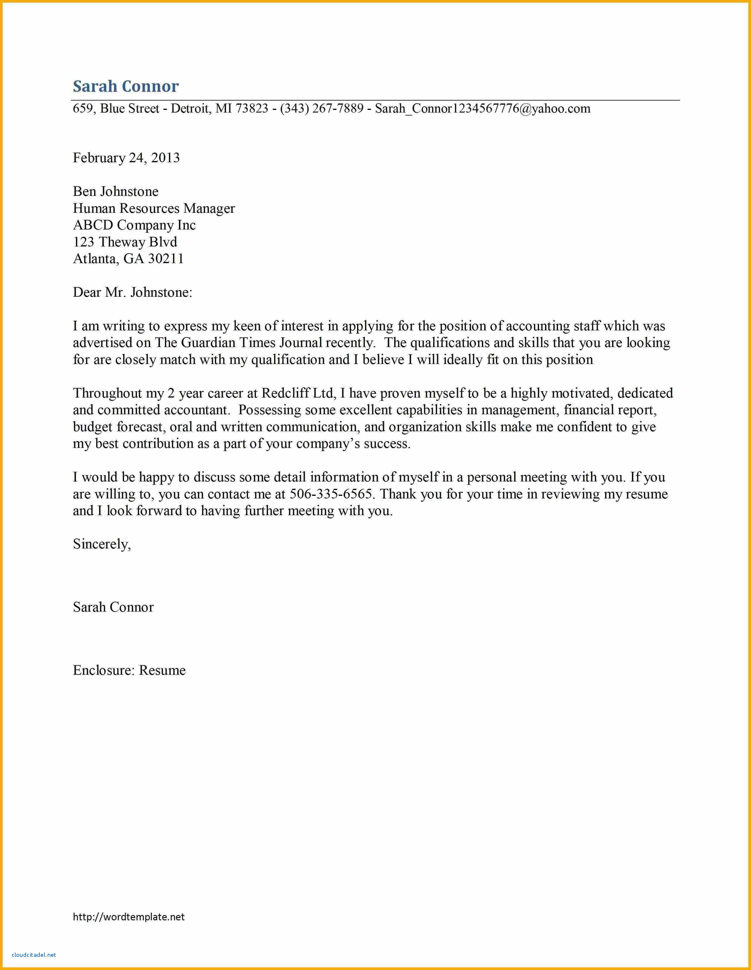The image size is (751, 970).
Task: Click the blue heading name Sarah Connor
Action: click(x=126, y=86)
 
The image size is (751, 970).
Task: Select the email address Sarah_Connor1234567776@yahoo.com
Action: click(x=483, y=109)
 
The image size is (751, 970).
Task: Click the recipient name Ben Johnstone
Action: click(x=116, y=191)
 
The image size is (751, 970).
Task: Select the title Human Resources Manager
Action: click(x=154, y=208)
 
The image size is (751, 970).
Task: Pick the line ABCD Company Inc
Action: click(x=134, y=225)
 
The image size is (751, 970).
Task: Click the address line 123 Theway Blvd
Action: click(x=125, y=242)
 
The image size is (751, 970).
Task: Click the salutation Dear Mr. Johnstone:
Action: click(x=132, y=292)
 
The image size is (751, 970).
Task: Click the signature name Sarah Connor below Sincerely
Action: click(x=113, y=607)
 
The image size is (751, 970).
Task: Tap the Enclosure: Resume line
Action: click(x=129, y=670)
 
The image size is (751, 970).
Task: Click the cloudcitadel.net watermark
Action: click(x=34, y=955)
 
